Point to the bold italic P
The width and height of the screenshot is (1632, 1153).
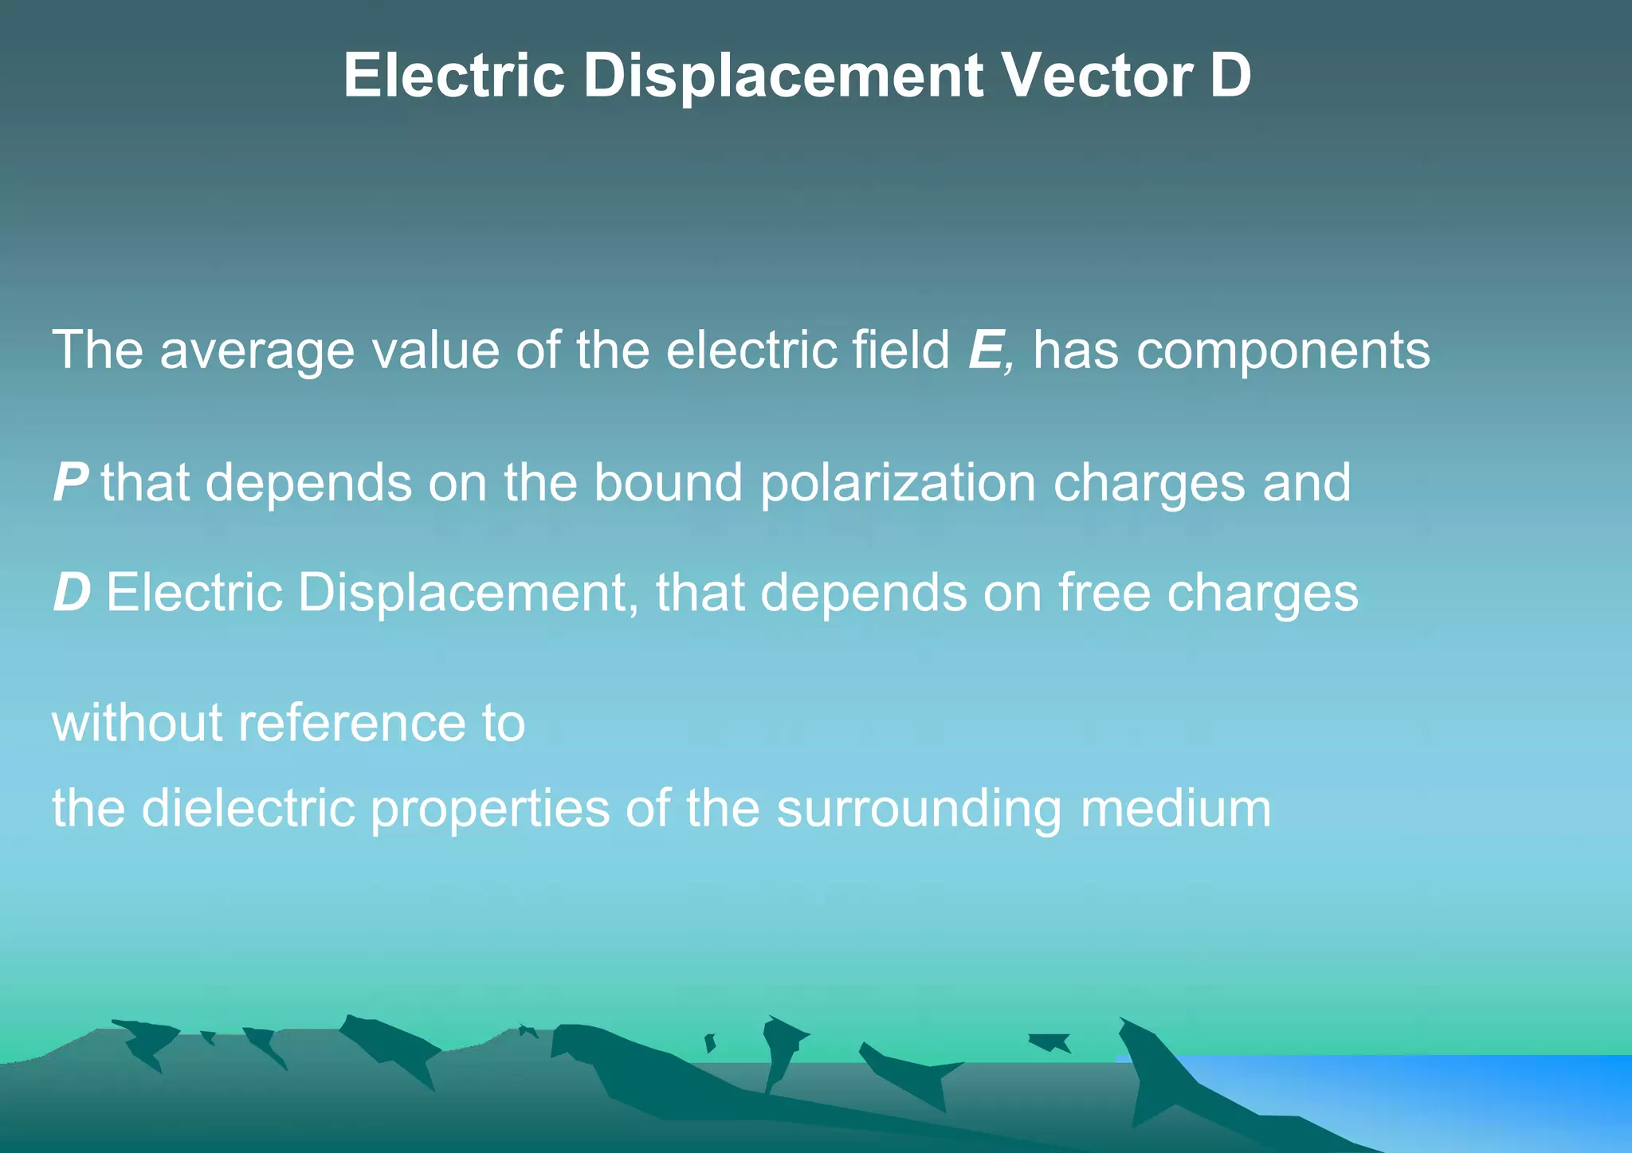coord(70,483)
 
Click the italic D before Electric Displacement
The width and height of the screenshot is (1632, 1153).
coord(72,594)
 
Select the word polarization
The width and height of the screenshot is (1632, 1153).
coord(898,484)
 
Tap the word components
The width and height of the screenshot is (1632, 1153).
coord(1283,351)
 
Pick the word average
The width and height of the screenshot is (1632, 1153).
coord(257,351)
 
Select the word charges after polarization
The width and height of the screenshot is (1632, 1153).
coord(1148,484)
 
